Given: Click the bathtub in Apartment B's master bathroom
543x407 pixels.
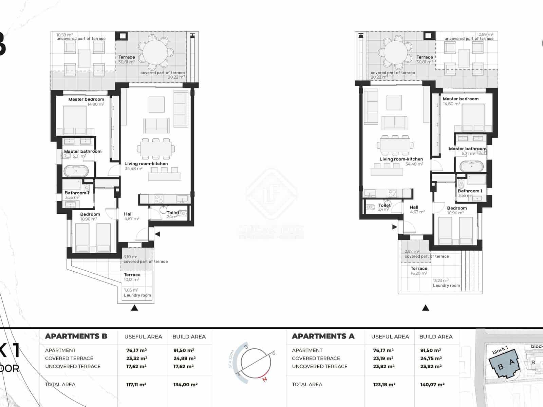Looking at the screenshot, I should click(76, 171).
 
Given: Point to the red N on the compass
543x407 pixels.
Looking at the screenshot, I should click(265, 379).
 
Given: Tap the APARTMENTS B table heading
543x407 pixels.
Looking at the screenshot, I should click(76, 336).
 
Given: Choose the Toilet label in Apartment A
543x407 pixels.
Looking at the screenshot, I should click(384, 205).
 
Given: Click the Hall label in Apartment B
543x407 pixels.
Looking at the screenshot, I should click(128, 214).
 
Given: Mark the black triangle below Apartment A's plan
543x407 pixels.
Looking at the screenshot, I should click(426, 308).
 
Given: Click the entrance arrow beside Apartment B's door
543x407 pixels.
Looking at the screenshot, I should click(157, 234).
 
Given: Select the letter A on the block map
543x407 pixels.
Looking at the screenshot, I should click(512, 363).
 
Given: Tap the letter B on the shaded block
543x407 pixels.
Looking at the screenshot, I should click(501, 367).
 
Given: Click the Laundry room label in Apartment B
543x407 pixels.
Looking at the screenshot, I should click(137, 295).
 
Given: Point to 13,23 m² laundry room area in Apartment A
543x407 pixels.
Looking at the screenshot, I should click(441, 280).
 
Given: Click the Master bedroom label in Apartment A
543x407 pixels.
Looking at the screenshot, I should click(461, 99).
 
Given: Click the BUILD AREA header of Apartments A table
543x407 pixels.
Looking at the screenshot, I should click(436, 336).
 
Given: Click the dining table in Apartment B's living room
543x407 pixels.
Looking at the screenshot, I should click(156, 149).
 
